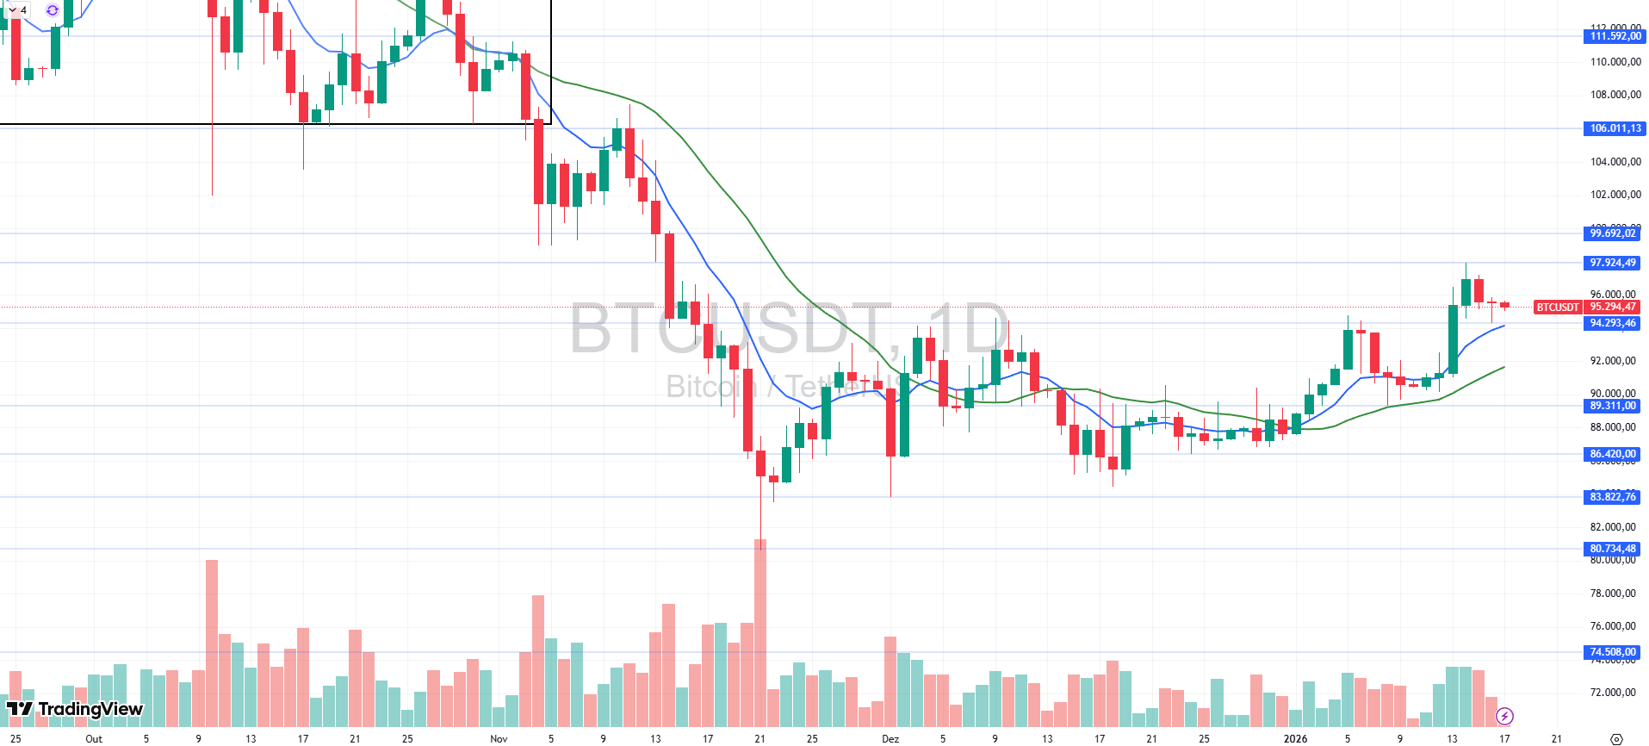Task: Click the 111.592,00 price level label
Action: [x=1615, y=36]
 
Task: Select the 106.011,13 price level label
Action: [x=1615, y=128]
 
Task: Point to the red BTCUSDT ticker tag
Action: [x=1558, y=307]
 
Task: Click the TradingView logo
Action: [x=75, y=709]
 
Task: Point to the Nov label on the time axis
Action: [x=499, y=738]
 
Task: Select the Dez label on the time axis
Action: [x=890, y=738]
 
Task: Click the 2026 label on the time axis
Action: [x=1295, y=738]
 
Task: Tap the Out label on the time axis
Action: [x=94, y=738]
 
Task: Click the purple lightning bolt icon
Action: [x=1504, y=716]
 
